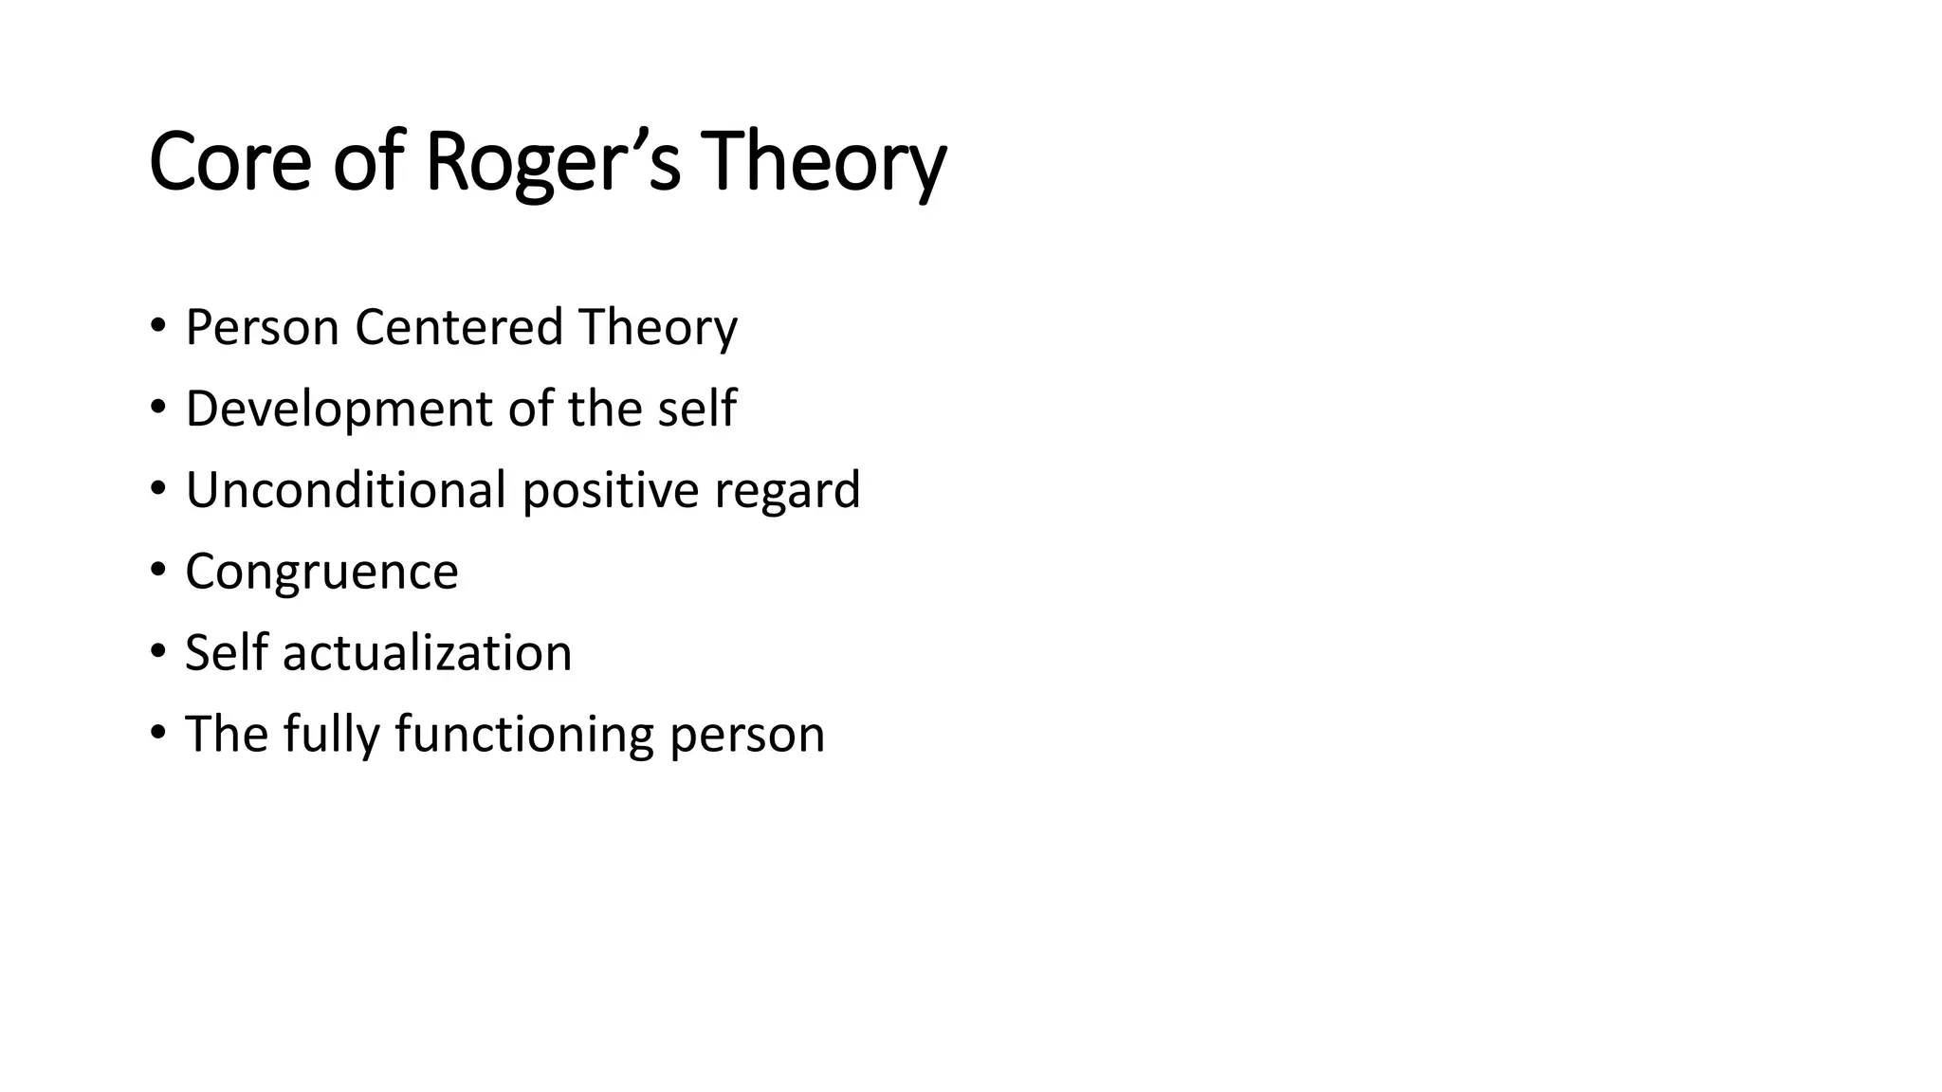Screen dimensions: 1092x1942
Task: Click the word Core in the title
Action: pos(229,161)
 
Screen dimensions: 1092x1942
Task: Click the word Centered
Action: pos(459,327)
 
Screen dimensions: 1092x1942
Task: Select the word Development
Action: pos(339,409)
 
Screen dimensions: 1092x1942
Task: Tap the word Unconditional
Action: pos(345,490)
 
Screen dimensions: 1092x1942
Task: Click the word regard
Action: pos(787,490)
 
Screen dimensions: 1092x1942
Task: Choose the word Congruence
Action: pos(321,572)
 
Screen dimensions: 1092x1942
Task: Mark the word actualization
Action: pos(427,653)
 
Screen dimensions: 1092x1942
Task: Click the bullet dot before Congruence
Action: pos(157,572)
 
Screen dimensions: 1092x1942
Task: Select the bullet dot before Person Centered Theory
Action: pos(157,327)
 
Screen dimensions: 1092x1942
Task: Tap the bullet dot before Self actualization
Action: pos(157,653)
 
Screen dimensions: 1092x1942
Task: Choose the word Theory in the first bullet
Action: pos(658,327)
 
